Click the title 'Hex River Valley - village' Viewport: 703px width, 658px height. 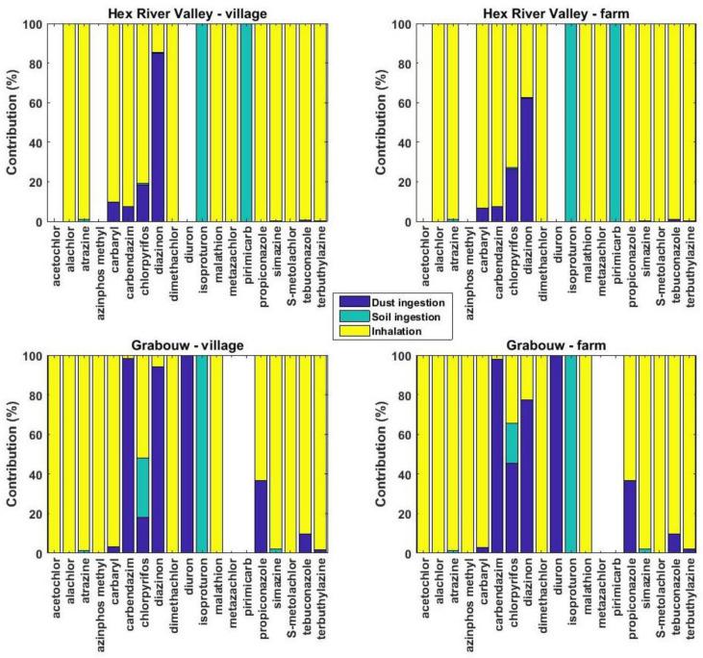(185, 11)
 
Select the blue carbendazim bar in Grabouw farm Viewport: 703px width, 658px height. (496, 456)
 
